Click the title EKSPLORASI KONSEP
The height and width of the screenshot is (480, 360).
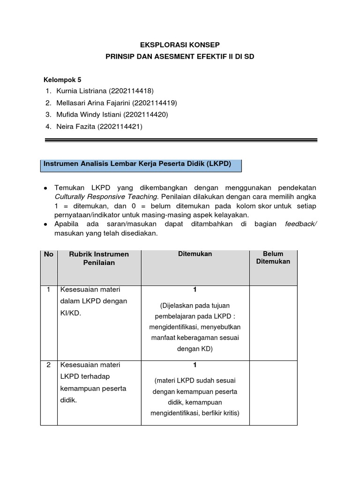[x=180, y=45]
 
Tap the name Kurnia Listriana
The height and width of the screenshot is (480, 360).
[x=81, y=90]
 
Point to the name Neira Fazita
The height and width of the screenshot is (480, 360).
[x=75, y=127]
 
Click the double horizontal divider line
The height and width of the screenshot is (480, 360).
[x=180, y=140]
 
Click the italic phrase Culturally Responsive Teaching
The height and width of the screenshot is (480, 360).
[x=106, y=196]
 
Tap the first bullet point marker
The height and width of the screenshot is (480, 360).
[x=45, y=187]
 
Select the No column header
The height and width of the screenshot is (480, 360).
[x=49, y=255]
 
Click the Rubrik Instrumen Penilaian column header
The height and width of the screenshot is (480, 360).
[x=99, y=258]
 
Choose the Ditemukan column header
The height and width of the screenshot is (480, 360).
[x=195, y=254]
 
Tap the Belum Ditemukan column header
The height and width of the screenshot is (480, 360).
[x=273, y=258]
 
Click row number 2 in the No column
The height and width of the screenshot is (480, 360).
[x=49, y=365]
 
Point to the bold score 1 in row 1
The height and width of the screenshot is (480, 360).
[x=195, y=290]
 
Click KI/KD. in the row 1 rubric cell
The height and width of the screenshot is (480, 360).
[x=70, y=314]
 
